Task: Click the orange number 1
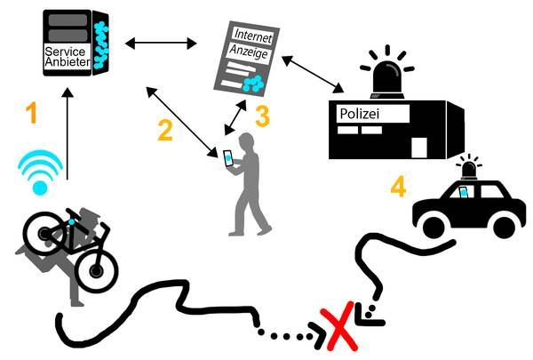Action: [x=32, y=113]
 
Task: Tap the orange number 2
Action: [x=165, y=131]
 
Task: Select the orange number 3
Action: [x=262, y=116]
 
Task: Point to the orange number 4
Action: [x=398, y=187]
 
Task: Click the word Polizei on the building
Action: [x=360, y=114]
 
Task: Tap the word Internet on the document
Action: [x=253, y=36]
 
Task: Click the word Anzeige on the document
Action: [x=249, y=52]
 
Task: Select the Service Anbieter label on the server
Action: [x=68, y=57]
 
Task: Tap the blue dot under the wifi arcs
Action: [x=40, y=188]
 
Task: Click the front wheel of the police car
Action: [x=433, y=226]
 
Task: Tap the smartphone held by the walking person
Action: [x=228, y=158]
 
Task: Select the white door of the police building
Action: [x=419, y=148]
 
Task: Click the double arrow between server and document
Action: [x=161, y=44]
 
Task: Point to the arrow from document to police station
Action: [x=313, y=74]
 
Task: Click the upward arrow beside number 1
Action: [x=68, y=133]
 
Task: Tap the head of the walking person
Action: [x=247, y=141]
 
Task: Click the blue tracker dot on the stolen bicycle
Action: [x=71, y=222]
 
